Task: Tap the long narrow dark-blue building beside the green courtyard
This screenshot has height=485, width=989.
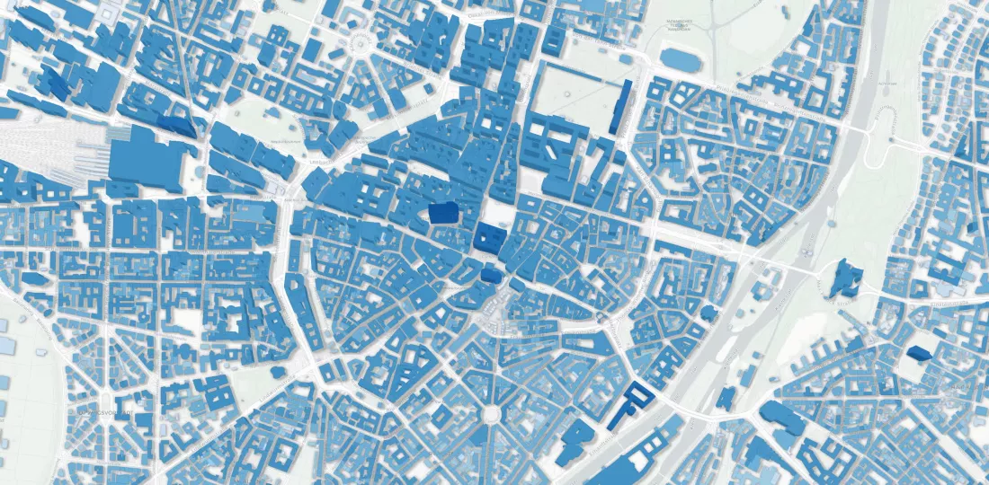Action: pos(619,107)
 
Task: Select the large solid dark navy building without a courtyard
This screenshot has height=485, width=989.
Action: pos(442,213)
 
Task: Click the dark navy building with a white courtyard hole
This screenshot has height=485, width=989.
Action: pos(488,237)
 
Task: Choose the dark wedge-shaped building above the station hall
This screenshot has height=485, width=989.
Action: pos(178,126)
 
